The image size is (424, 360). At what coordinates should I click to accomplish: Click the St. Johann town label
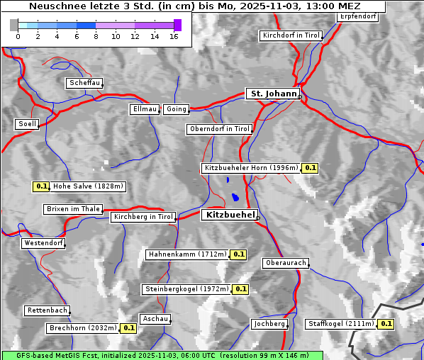(272, 94)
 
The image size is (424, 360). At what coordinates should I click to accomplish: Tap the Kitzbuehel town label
(229, 215)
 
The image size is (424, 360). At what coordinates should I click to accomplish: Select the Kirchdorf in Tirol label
(291, 35)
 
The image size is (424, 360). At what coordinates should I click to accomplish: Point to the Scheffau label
(84, 84)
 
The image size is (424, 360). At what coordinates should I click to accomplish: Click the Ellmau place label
(145, 109)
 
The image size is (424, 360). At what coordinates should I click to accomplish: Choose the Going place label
(176, 109)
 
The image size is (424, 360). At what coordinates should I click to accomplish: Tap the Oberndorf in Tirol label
(219, 129)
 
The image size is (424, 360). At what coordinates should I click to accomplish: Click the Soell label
(27, 124)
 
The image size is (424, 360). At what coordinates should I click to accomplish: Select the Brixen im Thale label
(73, 209)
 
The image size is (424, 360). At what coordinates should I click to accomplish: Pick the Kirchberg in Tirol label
(143, 217)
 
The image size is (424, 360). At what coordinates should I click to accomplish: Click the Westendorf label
(43, 243)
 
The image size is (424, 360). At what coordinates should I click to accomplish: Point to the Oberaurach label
(285, 263)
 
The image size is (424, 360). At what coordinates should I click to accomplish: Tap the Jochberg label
(269, 324)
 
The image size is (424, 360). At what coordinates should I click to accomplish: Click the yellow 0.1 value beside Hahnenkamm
(239, 254)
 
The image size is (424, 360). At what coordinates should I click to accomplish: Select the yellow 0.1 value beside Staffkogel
(386, 324)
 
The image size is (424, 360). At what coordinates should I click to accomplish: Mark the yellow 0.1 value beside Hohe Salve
(41, 187)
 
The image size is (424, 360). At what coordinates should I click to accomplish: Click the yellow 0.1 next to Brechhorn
(128, 328)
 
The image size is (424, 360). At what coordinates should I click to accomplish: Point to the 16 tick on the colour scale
(174, 36)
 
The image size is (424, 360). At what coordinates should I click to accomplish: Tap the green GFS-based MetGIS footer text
(162, 355)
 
